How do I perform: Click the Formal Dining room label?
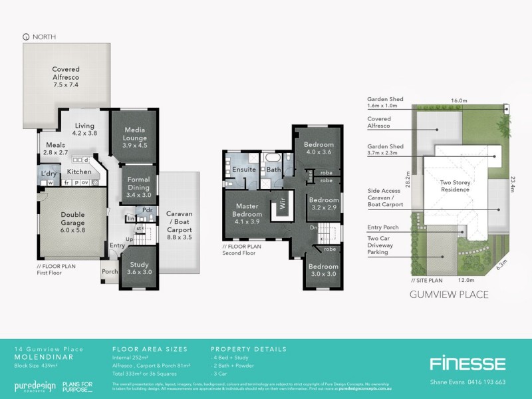[138, 188]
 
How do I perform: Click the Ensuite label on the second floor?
[243, 170]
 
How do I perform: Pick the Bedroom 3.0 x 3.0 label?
[322, 270]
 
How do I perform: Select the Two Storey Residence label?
[456, 186]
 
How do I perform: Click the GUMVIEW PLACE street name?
[450, 294]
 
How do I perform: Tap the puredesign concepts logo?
[33, 386]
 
